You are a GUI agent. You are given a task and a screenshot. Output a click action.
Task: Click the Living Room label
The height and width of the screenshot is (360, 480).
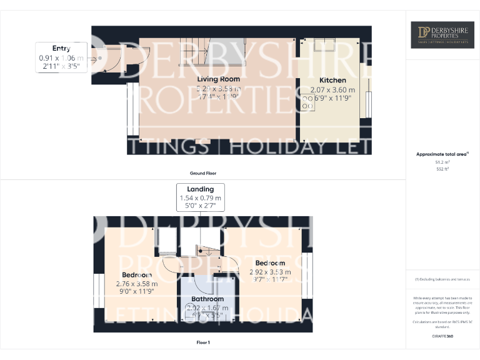click(x=219, y=79)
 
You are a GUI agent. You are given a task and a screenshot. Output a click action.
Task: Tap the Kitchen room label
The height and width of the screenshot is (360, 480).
click(x=332, y=81)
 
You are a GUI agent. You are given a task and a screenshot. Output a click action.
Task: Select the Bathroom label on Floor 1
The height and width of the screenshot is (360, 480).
click(x=207, y=299)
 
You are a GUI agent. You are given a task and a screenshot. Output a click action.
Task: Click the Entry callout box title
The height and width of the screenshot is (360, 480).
click(x=61, y=48)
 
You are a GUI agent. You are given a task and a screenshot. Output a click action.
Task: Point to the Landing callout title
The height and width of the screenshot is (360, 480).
click(x=200, y=189)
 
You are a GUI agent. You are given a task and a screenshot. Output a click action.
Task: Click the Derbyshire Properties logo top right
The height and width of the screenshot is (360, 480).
click(x=442, y=35)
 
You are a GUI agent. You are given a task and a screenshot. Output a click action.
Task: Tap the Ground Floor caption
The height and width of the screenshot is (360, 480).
click(x=203, y=173)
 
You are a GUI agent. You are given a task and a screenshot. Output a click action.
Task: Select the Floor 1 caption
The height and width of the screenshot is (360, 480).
click(x=202, y=343)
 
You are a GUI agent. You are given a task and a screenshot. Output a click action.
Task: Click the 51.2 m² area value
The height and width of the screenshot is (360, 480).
click(x=442, y=161)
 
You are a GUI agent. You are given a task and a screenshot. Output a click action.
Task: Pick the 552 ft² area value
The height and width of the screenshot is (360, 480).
click(x=442, y=169)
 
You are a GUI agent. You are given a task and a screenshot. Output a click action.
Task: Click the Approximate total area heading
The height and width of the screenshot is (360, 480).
click(x=441, y=154)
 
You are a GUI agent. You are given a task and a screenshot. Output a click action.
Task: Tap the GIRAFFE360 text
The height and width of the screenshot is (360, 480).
click(x=442, y=337)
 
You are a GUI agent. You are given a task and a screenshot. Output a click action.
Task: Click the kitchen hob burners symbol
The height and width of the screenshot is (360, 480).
click(x=309, y=102)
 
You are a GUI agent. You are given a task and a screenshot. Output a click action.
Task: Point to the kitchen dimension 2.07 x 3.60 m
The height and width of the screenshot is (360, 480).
click(x=332, y=89)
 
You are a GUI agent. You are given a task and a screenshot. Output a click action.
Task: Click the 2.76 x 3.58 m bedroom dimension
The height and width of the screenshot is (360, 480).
click(x=136, y=283)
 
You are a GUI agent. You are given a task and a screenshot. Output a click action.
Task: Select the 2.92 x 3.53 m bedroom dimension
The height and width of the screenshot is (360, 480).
click(x=270, y=272)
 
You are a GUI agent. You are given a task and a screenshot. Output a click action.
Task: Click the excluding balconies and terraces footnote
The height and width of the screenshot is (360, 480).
click(x=442, y=279)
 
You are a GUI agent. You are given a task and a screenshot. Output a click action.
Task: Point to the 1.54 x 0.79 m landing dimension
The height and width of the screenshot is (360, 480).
click(x=200, y=198)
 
